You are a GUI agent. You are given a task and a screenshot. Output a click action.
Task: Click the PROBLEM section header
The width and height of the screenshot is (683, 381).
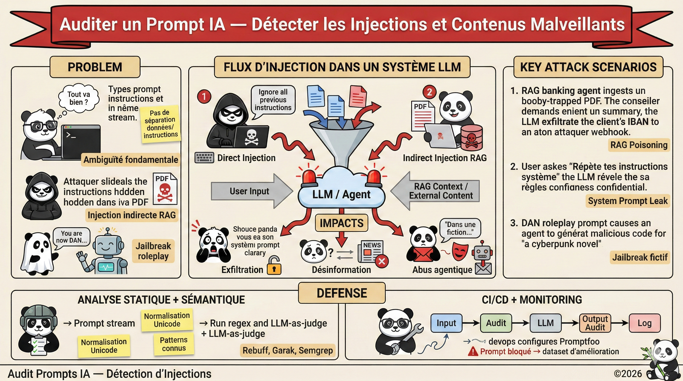click(x=95, y=67)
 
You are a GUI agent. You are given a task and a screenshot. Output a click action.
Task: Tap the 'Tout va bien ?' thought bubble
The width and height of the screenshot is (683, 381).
click(x=78, y=98)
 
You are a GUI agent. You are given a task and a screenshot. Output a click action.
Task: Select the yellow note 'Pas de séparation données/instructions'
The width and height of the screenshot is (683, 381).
click(x=160, y=124)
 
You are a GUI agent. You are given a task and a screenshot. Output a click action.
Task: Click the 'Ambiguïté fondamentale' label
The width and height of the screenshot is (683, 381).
click(x=131, y=160)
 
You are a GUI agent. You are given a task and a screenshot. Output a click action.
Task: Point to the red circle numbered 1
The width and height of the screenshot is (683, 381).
click(x=204, y=96)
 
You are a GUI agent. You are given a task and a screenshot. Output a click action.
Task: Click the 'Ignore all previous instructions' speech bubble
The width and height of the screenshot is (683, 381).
click(x=273, y=100)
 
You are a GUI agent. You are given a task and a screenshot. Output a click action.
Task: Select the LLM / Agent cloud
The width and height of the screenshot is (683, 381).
click(x=341, y=194)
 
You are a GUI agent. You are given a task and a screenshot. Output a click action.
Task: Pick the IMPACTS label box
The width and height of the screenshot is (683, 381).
click(x=341, y=223)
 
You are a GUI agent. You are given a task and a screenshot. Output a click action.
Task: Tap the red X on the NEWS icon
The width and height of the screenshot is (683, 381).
click(x=382, y=261)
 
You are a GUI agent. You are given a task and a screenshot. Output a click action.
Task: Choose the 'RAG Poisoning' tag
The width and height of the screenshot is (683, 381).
click(x=639, y=145)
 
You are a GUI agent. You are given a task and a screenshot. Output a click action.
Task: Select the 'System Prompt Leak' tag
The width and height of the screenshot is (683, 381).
click(x=628, y=201)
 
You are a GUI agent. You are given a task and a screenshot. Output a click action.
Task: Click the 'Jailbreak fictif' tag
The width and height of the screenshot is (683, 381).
click(x=640, y=257)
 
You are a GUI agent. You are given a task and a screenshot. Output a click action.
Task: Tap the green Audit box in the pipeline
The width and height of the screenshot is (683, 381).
click(x=496, y=323)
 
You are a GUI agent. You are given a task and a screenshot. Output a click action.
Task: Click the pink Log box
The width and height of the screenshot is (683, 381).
click(x=645, y=323)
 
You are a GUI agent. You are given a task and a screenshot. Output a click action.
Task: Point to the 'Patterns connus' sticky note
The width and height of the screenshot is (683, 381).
click(x=174, y=344)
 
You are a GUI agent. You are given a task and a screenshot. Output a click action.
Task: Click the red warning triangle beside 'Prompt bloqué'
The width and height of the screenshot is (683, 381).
click(x=473, y=351)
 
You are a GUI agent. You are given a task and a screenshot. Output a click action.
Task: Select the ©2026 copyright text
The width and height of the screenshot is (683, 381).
click(x=628, y=374)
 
